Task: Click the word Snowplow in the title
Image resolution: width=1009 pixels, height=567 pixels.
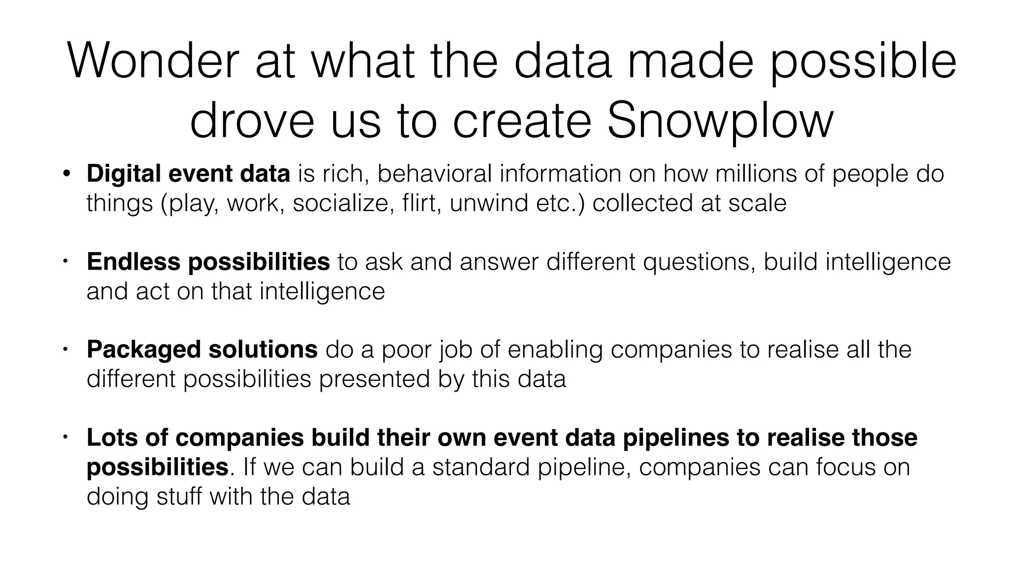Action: click(x=720, y=122)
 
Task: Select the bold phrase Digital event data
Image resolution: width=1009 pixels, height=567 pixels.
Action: click(x=188, y=174)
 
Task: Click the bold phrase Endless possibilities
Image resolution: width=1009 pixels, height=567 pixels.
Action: click(x=208, y=261)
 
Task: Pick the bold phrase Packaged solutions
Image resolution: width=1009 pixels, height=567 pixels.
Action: click(x=202, y=349)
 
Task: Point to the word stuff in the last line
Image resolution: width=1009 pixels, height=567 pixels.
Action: click(x=179, y=496)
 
